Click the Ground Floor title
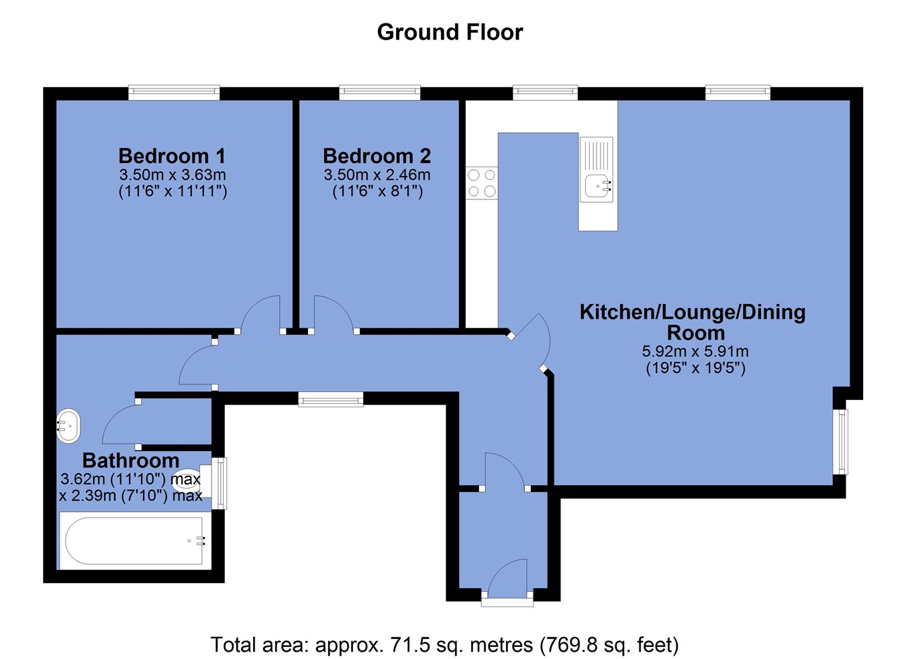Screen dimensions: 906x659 click(x=450, y=32)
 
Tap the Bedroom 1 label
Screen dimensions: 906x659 click(x=172, y=156)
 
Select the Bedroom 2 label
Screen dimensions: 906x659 click(x=377, y=156)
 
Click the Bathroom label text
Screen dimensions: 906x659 click(x=131, y=460)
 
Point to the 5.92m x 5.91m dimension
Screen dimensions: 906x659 click(x=695, y=351)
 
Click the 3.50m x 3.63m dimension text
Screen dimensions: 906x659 click(x=172, y=174)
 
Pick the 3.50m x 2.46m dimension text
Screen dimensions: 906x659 click(x=377, y=174)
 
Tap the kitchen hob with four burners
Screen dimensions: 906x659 click(x=482, y=183)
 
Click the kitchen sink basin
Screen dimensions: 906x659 click(x=598, y=188)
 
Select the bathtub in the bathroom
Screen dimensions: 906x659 click(x=136, y=540)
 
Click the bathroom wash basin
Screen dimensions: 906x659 click(x=68, y=426)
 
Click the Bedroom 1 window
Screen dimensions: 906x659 click(x=174, y=93)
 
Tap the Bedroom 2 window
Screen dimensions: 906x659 click(x=379, y=93)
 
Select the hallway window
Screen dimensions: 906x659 click(x=330, y=399)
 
